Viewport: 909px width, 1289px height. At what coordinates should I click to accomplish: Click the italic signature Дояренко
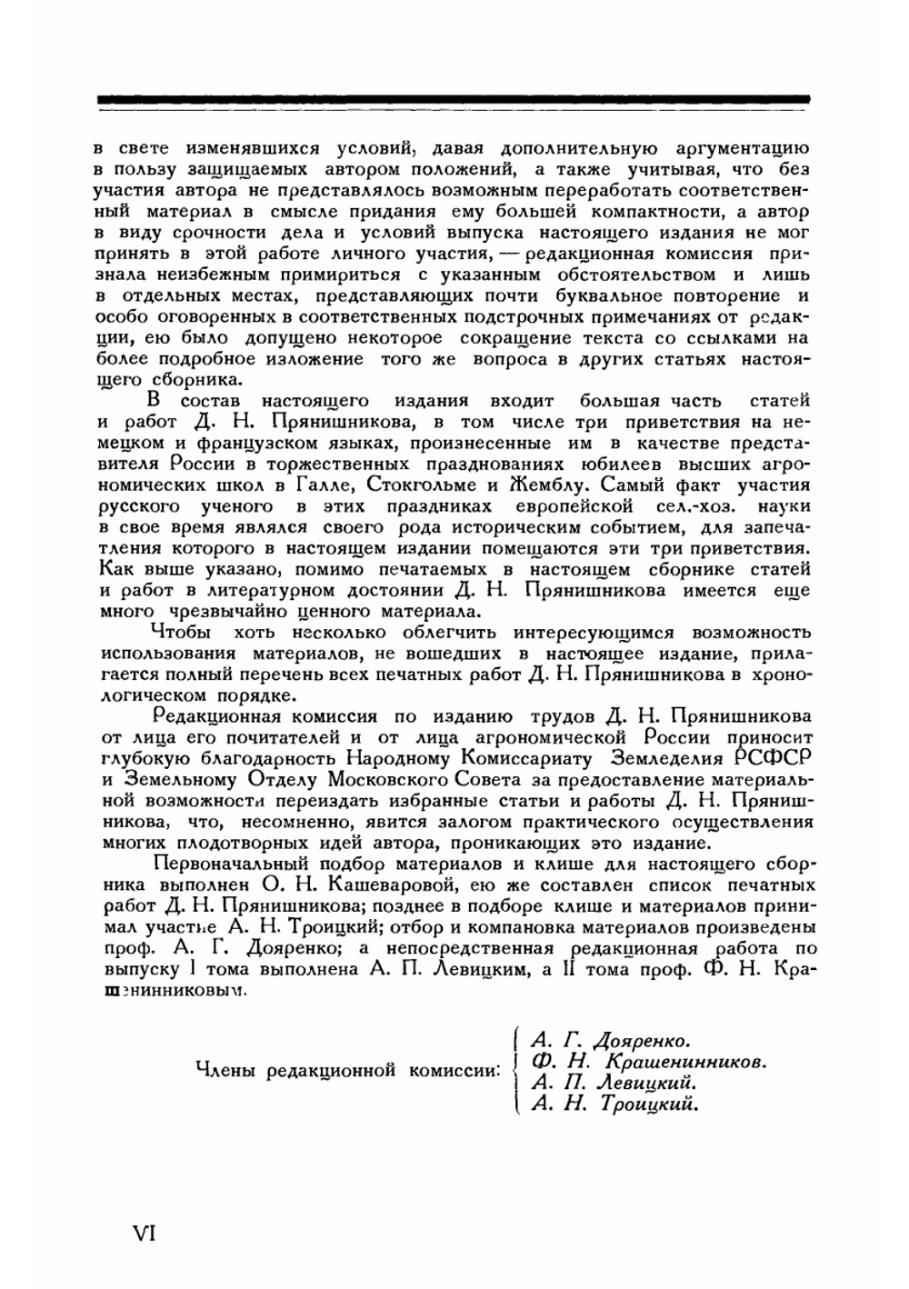[640, 1039]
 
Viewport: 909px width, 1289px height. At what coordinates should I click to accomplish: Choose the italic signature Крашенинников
[681, 1061]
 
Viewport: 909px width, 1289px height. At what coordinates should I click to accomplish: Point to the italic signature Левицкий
[648, 1083]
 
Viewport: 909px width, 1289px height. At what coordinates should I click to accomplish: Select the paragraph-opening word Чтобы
[181, 633]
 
